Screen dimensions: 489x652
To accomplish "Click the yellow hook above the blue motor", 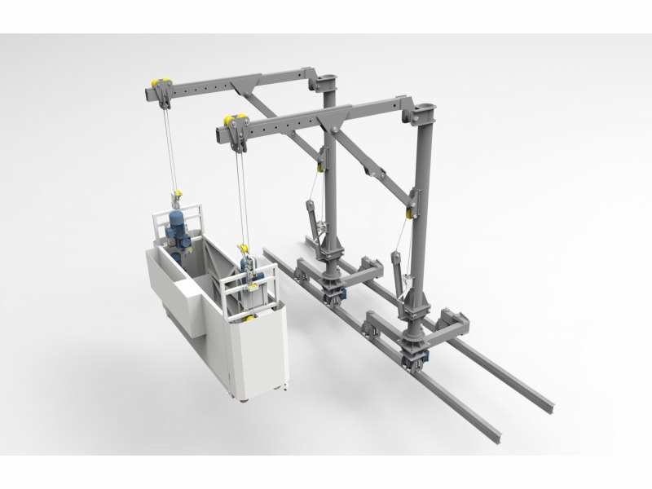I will (174, 195).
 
